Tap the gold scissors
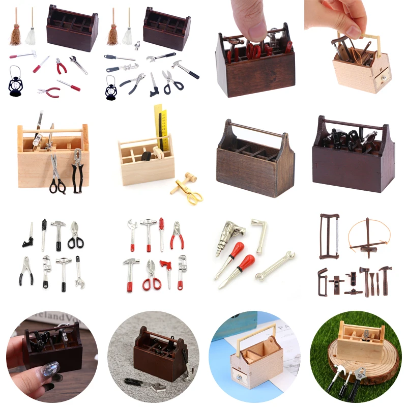(x=192, y=194)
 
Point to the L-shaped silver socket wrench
(x=259, y=234)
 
